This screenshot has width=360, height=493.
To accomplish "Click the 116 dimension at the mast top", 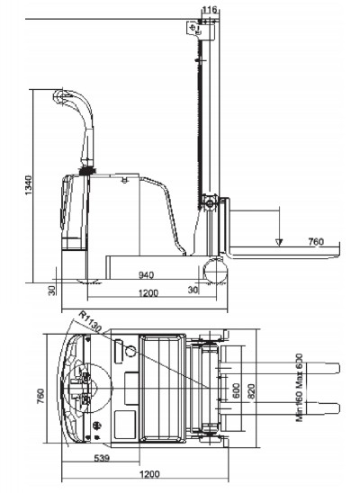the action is [x=210, y=10].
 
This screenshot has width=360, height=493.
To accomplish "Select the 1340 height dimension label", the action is [x=28, y=185].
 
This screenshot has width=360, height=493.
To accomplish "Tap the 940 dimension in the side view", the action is [x=146, y=275].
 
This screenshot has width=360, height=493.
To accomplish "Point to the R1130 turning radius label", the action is [x=90, y=321].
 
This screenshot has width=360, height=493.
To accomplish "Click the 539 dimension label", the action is [x=103, y=458].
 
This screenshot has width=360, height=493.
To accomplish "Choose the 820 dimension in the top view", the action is [x=251, y=391].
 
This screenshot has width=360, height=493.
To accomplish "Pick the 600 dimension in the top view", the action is [x=236, y=390].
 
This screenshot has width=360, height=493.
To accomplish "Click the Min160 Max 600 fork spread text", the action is [x=299, y=388].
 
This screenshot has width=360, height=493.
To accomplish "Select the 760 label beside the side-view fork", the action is [x=316, y=241].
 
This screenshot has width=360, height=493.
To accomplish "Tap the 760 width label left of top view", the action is [x=40, y=397].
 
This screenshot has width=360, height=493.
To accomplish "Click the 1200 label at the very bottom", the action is [x=149, y=474].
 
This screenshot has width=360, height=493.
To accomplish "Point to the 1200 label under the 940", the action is [x=148, y=293].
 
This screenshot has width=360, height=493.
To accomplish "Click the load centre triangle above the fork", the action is [x=279, y=241].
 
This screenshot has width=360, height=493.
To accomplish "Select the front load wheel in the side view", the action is [x=215, y=272].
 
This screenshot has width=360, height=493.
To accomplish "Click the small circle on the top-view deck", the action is [x=130, y=351].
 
